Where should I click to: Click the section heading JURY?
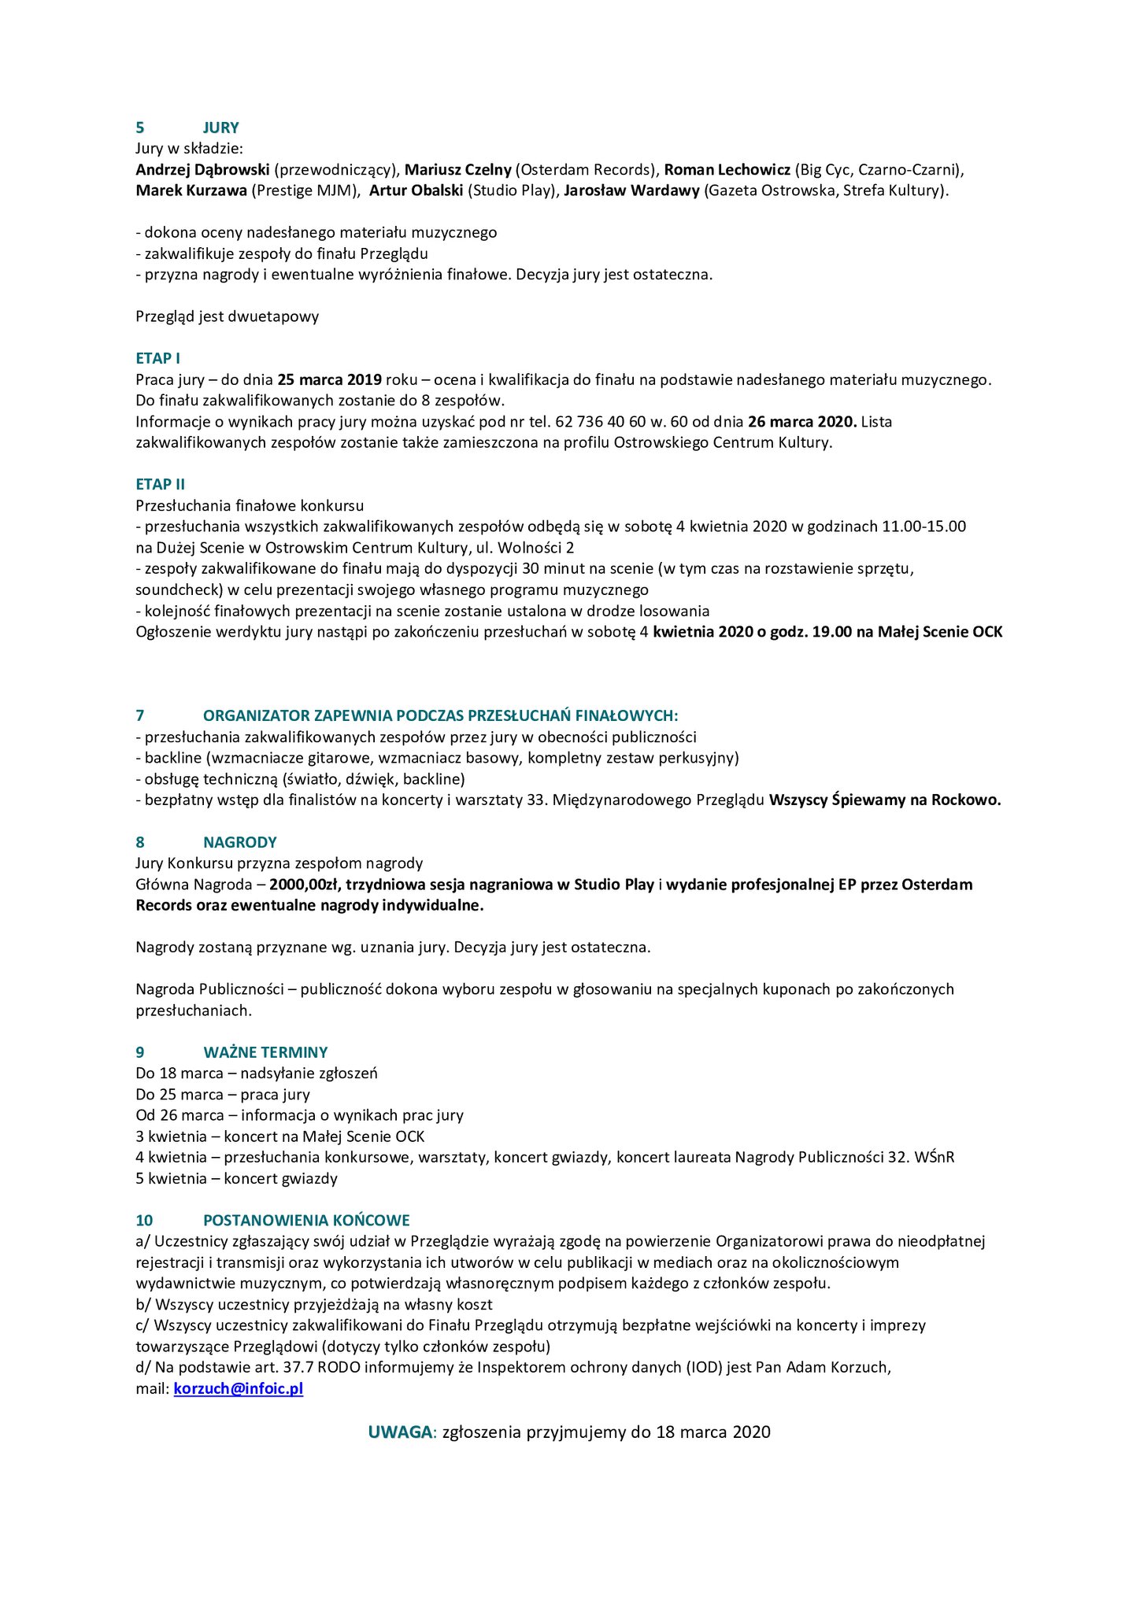point(220,127)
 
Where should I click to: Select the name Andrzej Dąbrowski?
point(202,169)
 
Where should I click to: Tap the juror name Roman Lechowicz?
point(727,169)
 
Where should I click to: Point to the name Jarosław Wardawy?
point(631,190)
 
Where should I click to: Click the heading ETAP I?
point(157,359)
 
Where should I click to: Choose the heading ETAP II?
point(160,485)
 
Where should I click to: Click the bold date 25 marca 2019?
point(329,379)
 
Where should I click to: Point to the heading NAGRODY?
point(239,842)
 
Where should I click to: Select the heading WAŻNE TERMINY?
point(265,1052)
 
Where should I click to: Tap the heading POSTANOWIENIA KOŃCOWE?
point(306,1221)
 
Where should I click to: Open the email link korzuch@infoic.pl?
point(238,1389)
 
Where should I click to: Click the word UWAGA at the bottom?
point(400,1432)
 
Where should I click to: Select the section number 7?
point(140,716)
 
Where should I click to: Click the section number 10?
point(144,1221)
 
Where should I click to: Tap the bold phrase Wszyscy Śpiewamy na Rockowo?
point(884,800)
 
